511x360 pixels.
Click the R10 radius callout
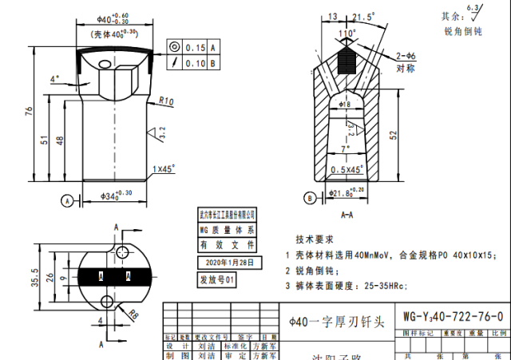coord(167,101)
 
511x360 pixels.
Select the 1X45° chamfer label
coord(164,169)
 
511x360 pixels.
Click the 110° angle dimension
coord(347,34)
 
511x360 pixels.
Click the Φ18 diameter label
coord(345,105)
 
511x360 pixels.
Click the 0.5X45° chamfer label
coord(348,169)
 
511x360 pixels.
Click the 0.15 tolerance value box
coord(195,47)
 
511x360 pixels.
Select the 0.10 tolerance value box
coord(195,62)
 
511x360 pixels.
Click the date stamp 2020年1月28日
coord(229,262)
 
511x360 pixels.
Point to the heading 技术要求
coord(315,239)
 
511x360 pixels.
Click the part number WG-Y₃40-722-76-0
coord(453,316)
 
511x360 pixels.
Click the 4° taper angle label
coord(54,79)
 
